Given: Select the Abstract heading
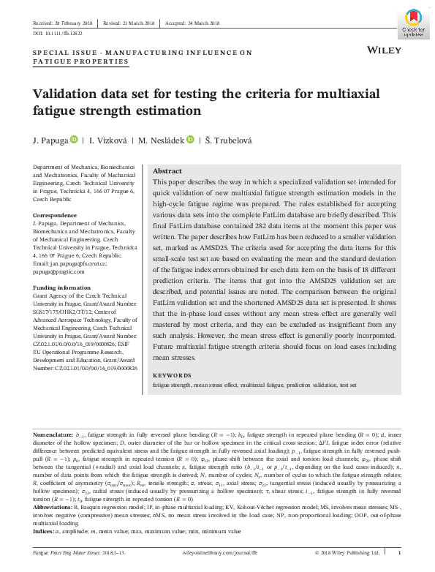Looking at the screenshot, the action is pyautogui.click(x=167, y=170).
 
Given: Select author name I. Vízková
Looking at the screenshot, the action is pyautogui.click(x=108, y=139).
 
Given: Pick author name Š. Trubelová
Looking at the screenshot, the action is pyautogui.click(x=224, y=139).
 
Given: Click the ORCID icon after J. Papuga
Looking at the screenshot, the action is pyautogui.click(x=73, y=139).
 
